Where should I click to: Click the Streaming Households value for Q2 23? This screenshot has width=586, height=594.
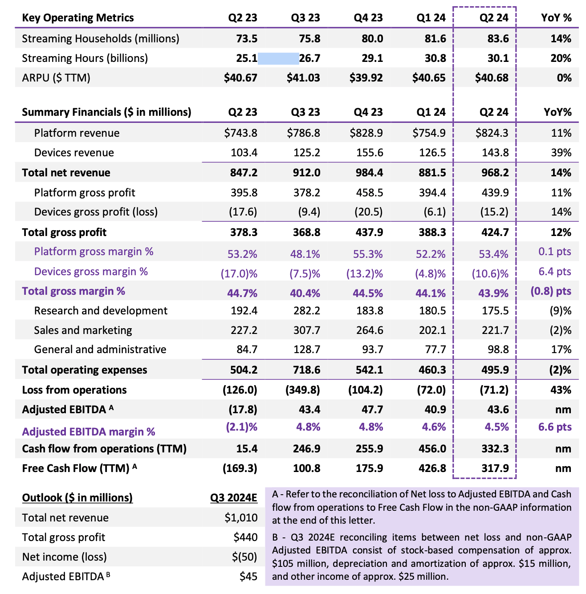(246, 39)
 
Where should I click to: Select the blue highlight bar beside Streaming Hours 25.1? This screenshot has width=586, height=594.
(278, 58)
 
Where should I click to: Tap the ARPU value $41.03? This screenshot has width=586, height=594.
(303, 78)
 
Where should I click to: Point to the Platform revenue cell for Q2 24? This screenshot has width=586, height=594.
(492, 133)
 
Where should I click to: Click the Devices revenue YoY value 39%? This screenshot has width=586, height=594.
(561, 153)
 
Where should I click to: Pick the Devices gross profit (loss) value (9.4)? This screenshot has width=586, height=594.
(309, 212)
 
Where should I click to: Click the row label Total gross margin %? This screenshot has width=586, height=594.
(73, 291)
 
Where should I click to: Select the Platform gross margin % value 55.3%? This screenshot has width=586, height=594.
(368, 254)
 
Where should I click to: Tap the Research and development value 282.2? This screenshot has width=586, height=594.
(307, 311)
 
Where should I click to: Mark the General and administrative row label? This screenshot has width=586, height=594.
(100, 350)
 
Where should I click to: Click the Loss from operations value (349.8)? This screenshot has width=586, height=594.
(303, 390)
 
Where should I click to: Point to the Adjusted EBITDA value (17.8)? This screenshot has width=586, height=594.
(243, 410)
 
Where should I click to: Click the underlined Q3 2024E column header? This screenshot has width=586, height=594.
(234, 498)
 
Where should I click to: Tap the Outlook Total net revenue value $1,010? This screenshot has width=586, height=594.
(241, 518)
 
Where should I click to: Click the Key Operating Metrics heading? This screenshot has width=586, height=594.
(78, 18)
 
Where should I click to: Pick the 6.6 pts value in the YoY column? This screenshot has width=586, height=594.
(554, 427)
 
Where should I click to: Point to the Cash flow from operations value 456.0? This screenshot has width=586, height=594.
(431, 449)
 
